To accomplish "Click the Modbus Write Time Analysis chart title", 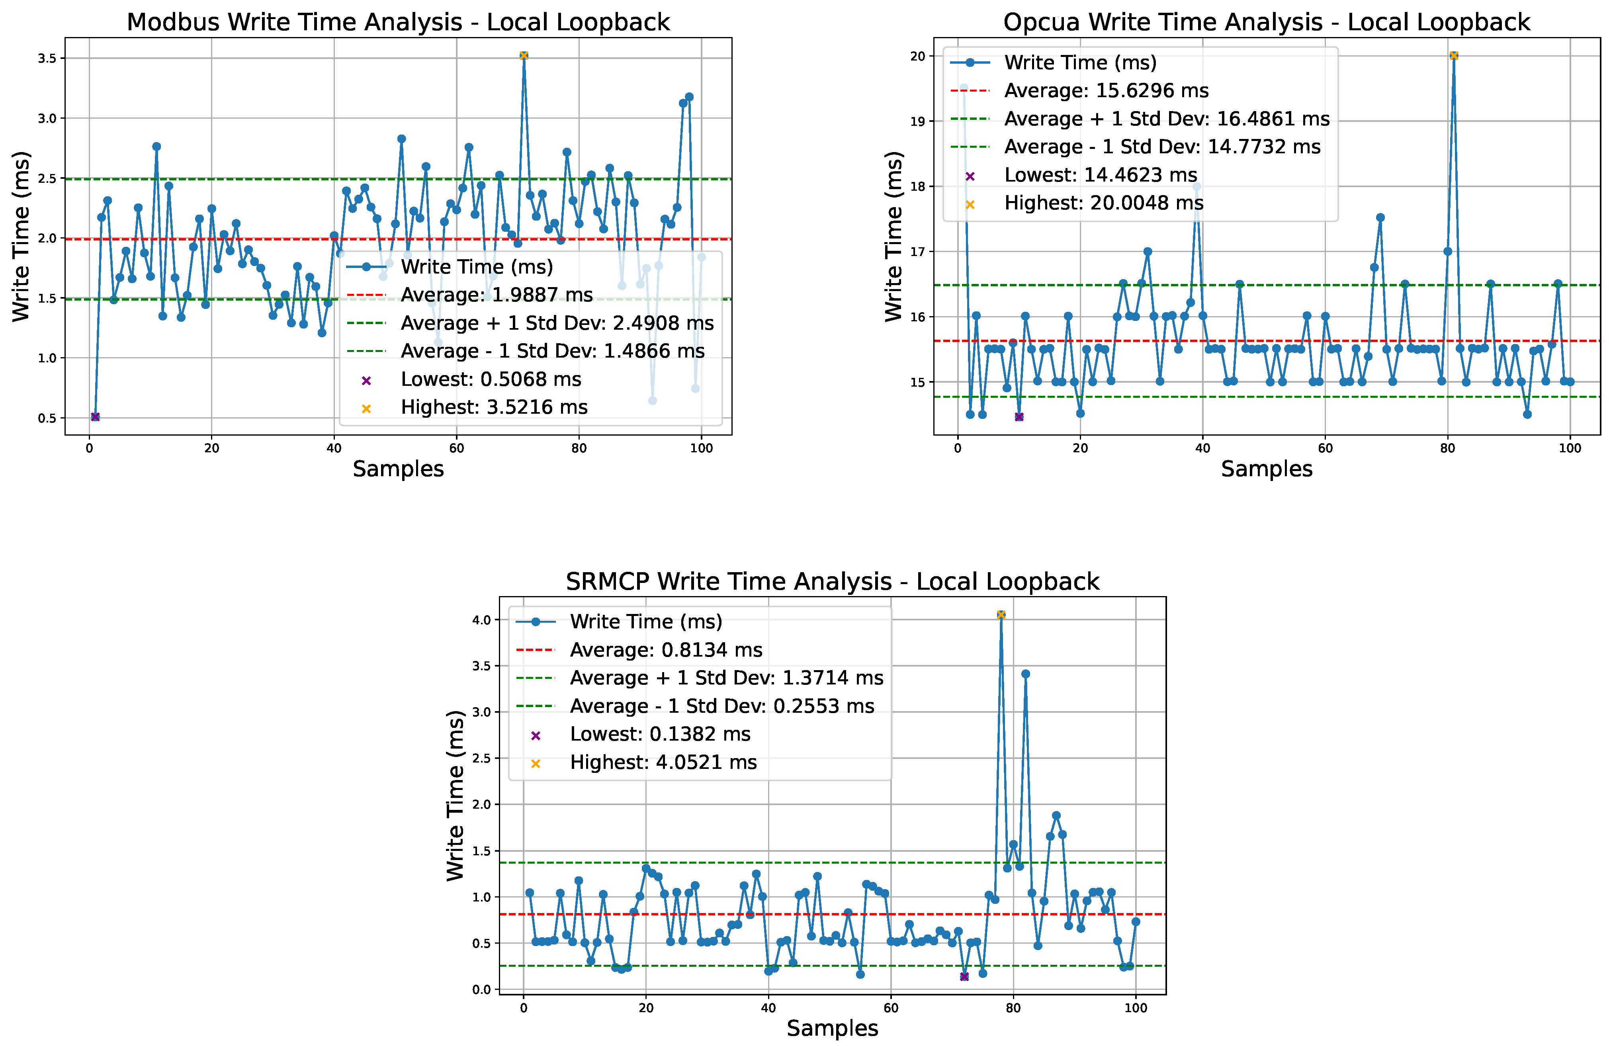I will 398,22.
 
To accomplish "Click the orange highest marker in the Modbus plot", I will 523,55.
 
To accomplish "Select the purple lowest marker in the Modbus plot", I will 95,416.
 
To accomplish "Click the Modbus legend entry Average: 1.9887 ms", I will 496,295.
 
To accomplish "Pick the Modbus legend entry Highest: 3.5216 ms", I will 493,407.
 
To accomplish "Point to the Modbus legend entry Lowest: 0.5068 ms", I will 490,379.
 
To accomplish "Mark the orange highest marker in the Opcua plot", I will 1453,55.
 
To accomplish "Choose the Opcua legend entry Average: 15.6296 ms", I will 1106,91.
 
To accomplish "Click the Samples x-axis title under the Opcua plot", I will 1266,469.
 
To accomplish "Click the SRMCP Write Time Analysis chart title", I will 832,581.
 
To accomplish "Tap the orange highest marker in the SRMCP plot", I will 1001,615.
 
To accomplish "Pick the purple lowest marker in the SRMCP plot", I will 964,976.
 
